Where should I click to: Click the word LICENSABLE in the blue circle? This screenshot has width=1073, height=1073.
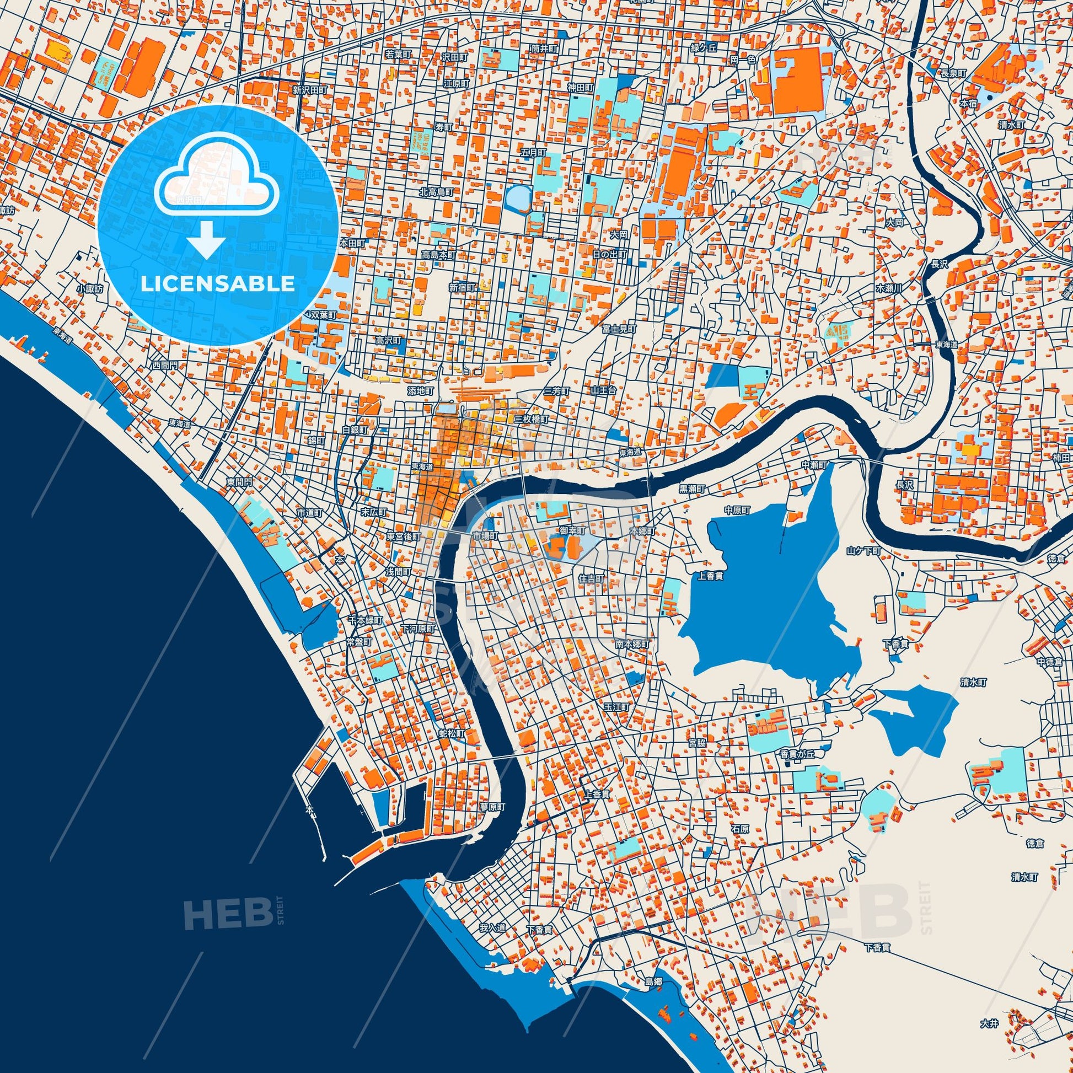(217, 284)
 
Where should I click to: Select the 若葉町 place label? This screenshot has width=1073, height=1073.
(398, 55)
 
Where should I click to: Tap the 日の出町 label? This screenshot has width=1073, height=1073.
(609, 254)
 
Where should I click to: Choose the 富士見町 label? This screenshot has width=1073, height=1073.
(619, 329)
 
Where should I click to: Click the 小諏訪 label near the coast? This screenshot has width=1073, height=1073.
(90, 289)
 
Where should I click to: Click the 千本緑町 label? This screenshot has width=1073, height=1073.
(365, 619)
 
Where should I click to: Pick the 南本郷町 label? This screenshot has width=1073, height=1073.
(632, 644)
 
